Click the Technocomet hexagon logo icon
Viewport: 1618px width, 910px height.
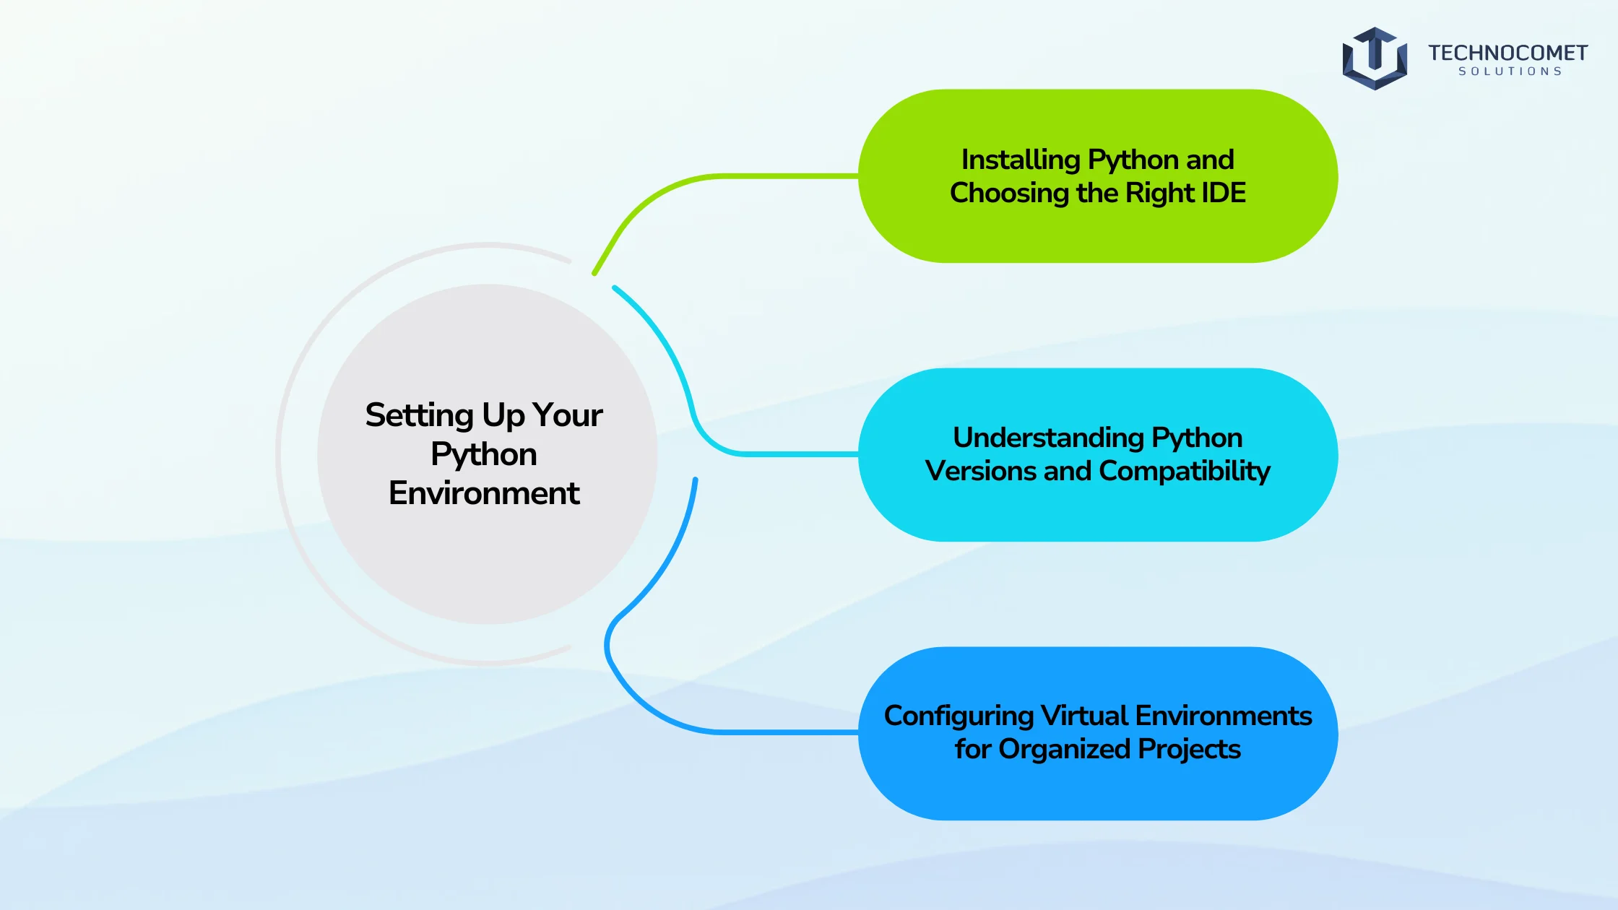tap(1375, 58)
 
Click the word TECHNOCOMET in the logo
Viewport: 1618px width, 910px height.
tap(1507, 53)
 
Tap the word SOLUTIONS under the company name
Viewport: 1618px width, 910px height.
tap(1510, 71)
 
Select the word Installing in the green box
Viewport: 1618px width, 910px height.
tap(1021, 160)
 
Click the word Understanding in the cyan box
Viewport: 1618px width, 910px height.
tap(1048, 438)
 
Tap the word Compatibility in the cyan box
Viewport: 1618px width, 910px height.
tap(1185, 472)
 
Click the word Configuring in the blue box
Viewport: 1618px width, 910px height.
tap(959, 716)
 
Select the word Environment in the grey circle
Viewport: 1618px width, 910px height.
tap(484, 493)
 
